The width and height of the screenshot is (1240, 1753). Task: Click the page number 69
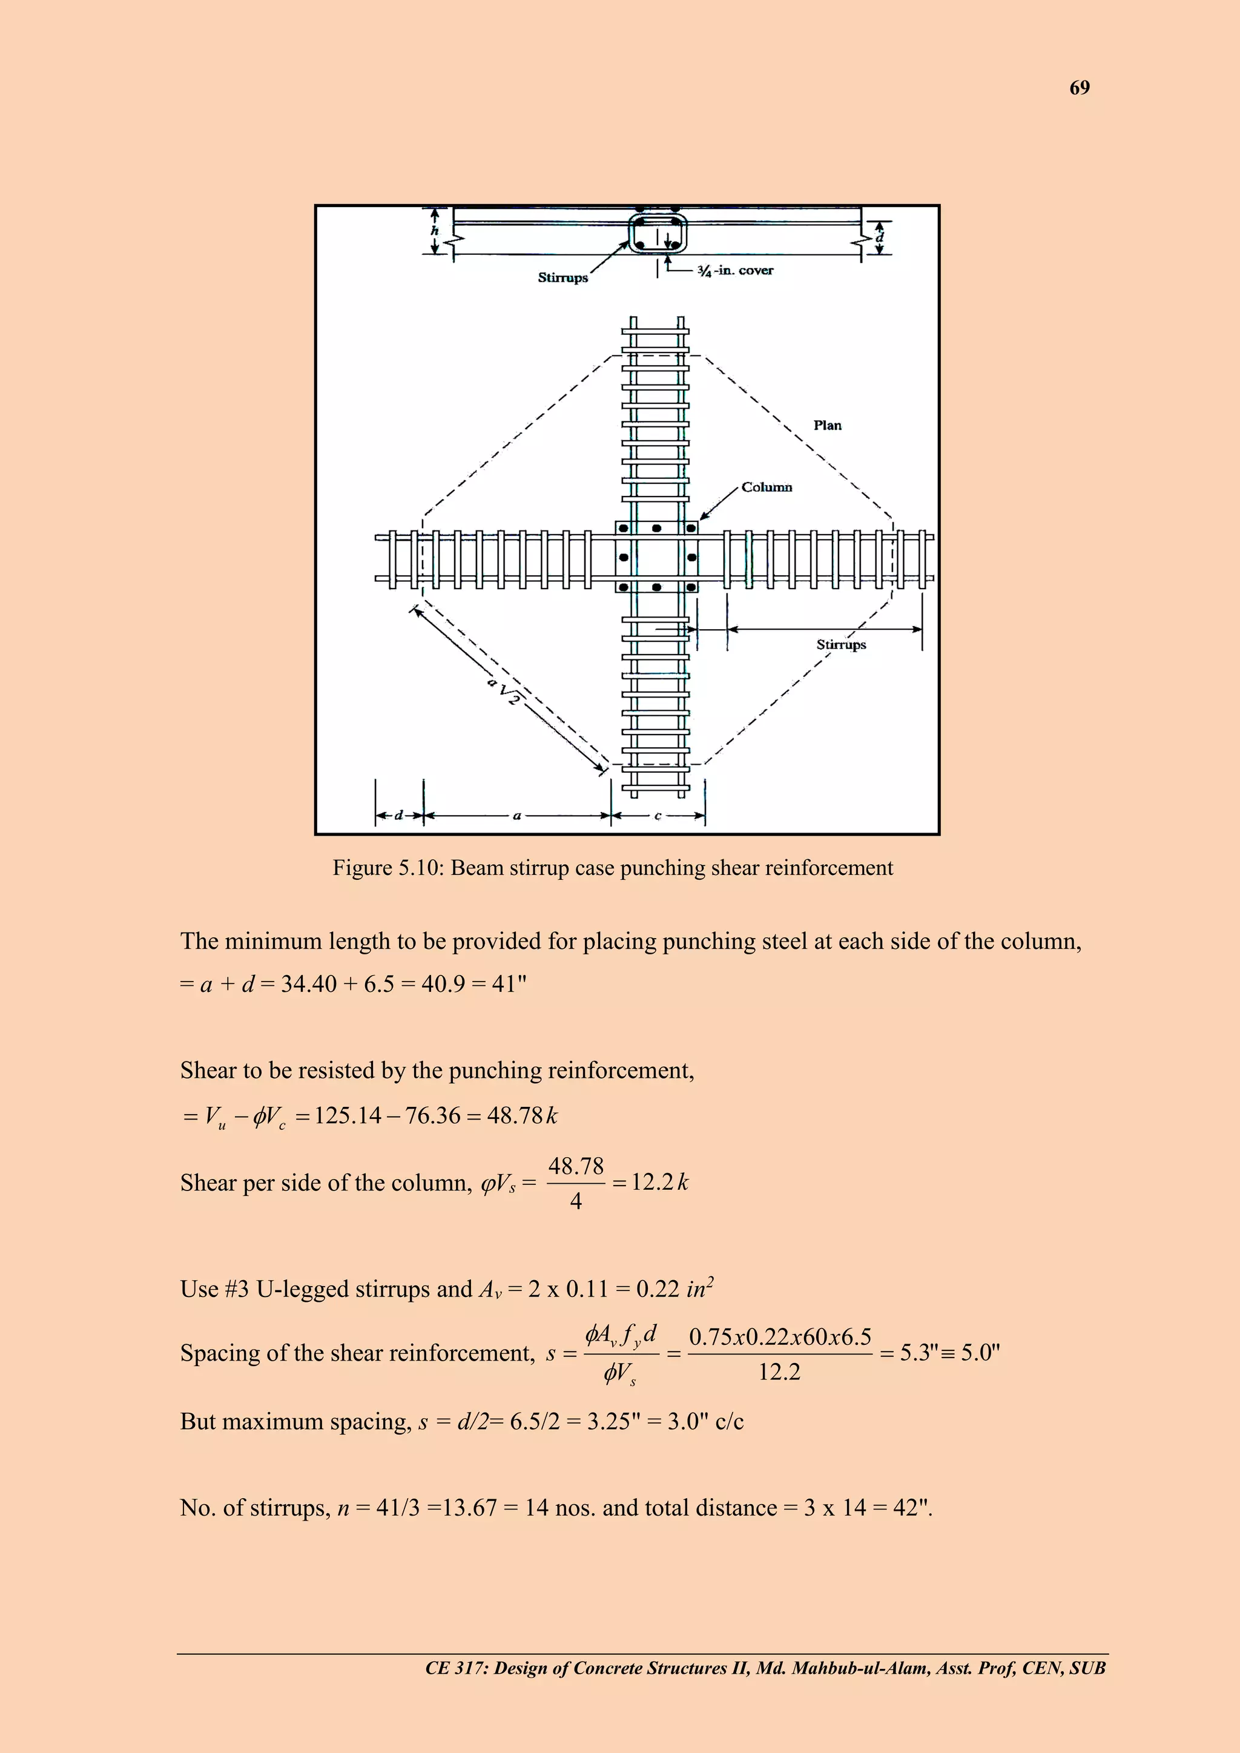pyautogui.click(x=1079, y=88)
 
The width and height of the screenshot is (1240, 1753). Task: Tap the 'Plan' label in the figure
pyautogui.click(x=827, y=425)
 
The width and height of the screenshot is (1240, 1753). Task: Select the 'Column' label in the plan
pyautogui.click(x=767, y=487)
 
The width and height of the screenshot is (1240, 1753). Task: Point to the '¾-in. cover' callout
pyautogui.click(x=735, y=270)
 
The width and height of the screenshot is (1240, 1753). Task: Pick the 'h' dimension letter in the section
pyautogui.click(x=435, y=231)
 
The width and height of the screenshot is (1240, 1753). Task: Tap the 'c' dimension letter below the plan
pyautogui.click(x=658, y=816)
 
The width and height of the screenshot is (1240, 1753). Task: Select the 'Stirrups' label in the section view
pyautogui.click(x=562, y=278)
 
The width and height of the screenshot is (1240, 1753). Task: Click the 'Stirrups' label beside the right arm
pyautogui.click(x=840, y=644)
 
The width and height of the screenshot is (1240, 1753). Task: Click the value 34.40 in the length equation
pyautogui.click(x=308, y=984)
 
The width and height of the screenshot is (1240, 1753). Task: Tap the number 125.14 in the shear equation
pyautogui.click(x=348, y=1116)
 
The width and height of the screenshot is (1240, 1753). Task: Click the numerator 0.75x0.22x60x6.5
pyautogui.click(x=780, y=1337)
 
